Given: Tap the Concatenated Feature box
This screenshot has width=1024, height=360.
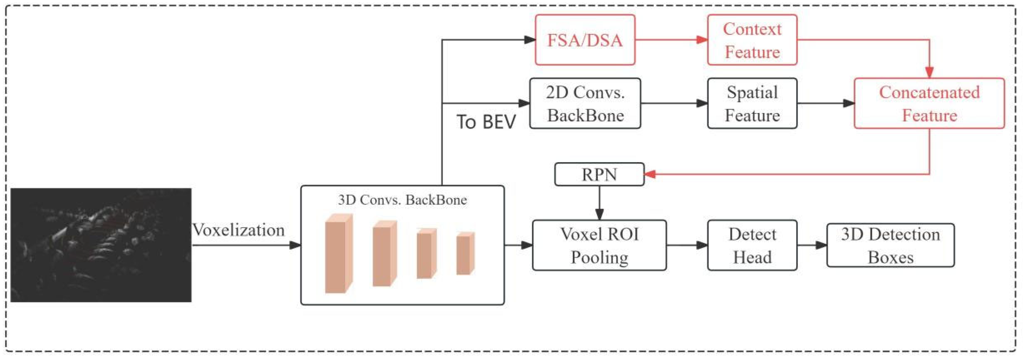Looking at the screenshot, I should pos(929,103).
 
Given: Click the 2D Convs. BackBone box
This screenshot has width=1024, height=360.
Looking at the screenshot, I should pos(585,103).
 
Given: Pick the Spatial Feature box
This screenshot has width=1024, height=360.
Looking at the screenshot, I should pos(752,103).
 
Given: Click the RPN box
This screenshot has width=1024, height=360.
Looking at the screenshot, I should pos(599,174).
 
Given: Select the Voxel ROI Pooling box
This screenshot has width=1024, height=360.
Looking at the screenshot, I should pos(599,245).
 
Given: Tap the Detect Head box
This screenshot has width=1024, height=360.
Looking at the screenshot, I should pos(752,245).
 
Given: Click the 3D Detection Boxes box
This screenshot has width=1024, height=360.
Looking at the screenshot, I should pos(890,245).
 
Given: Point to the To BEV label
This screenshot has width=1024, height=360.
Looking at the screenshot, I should pos(486,122).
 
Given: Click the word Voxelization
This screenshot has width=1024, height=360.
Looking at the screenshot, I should pos(238,230).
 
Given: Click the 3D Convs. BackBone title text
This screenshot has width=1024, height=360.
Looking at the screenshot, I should pos(402,200).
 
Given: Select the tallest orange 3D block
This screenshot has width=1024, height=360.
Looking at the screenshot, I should pos(338,254).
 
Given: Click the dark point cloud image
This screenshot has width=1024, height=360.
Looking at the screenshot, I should pos(101,245).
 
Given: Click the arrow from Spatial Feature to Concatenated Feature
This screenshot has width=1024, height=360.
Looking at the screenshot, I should pos(825,103).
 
